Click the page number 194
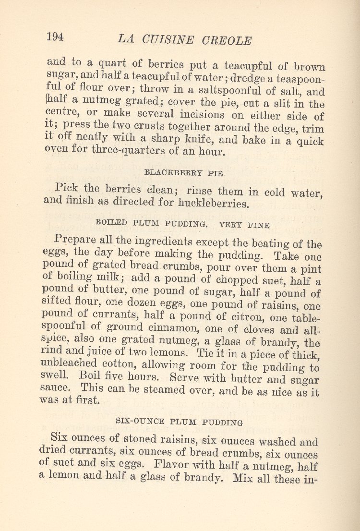(55, 37)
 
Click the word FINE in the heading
(259, 224)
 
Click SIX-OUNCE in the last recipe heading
(139, 422)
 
